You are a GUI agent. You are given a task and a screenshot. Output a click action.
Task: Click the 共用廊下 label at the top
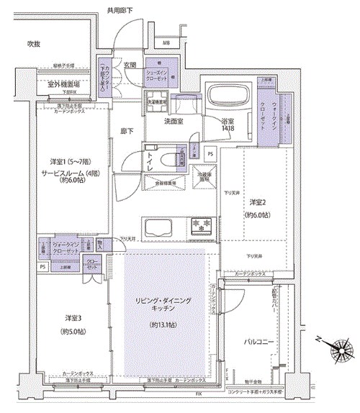pyautogui.click(x=121, y=10)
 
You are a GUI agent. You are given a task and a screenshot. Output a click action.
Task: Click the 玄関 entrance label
pyautogui.click(x=130, y=65)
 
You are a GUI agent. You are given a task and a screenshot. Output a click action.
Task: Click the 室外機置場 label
pyautogui.click(x=63, y=84)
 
